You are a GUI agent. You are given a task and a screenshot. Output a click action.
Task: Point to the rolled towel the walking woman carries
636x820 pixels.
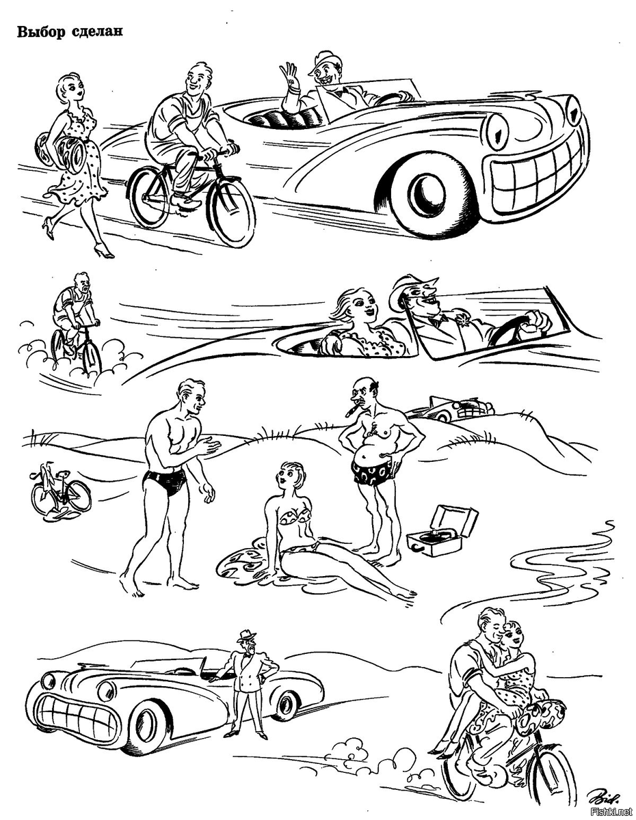pyautogui.click(x=60, y=151)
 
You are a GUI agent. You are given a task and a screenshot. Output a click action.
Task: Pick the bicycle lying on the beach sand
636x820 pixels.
pyautogui.click(x=60, y=490)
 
